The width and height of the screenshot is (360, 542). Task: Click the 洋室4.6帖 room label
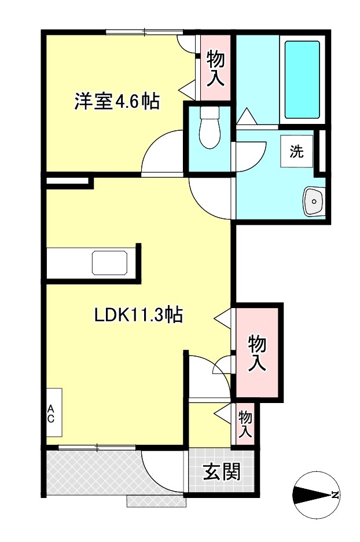tap(116, 101)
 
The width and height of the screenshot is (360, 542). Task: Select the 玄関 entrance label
tap(221, 472)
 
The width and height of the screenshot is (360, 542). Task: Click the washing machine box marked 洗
tap(297, 152)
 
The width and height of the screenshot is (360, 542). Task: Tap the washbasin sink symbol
tap(314, 202)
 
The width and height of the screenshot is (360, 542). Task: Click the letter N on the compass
tap(335, 495)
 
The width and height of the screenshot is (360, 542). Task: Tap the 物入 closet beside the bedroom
tap(215, 68)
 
